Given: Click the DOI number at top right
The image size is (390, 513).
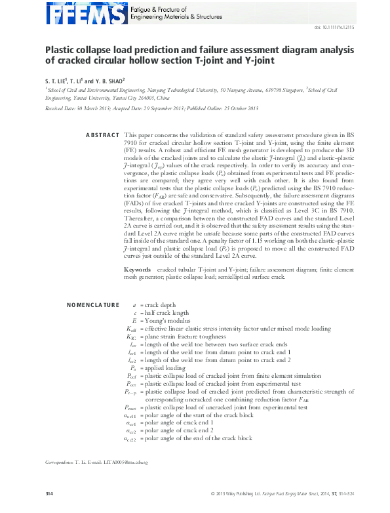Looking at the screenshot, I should click(x=335, y=27).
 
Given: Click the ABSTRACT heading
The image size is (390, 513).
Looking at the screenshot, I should click(x=102, y=134).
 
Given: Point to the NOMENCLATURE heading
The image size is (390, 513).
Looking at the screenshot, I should click(x=94, y=305).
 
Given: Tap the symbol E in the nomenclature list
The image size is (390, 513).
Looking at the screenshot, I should click(x=134, y=321).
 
